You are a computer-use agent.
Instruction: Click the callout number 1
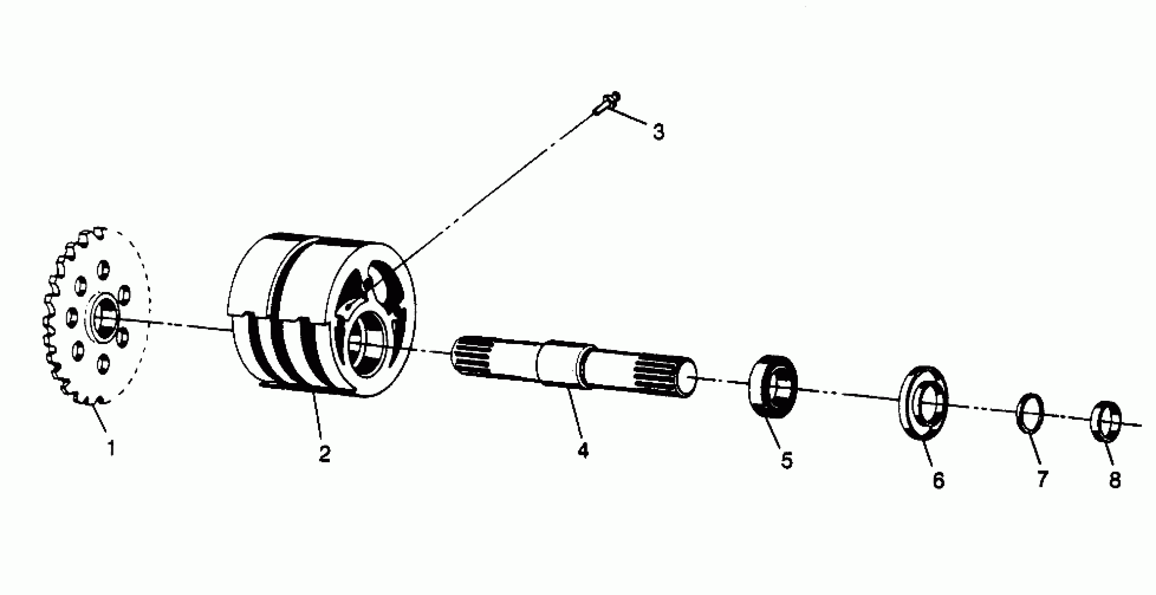tap(111, 448)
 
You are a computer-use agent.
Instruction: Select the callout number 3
tap(658, 132)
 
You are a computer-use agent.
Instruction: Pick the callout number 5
tap(786, 461)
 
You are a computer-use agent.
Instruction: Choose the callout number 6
tap(938, 480)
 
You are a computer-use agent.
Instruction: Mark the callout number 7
tap(1042, 479)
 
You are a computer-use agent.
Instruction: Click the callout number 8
tap(1115, 479)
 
